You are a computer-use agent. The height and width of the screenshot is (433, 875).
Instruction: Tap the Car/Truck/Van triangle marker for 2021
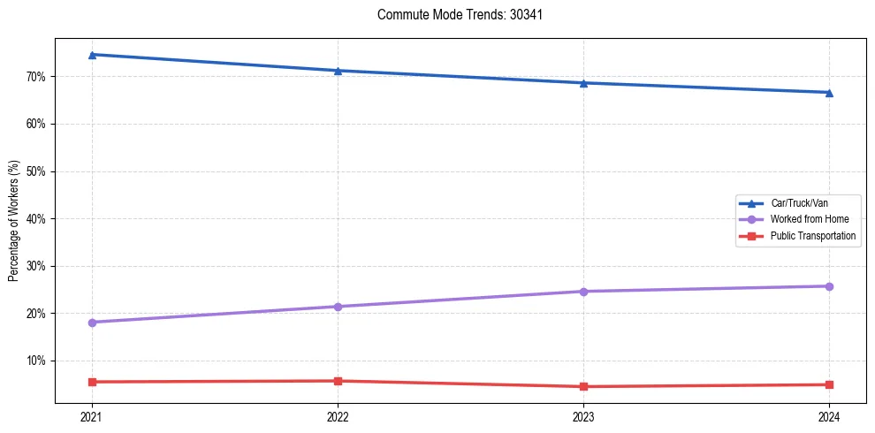[x=92, y=55]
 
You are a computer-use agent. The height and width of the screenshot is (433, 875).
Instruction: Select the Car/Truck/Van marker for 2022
[x=338, y=71]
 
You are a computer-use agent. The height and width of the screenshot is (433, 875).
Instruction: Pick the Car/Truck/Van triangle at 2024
[x=829, y=93]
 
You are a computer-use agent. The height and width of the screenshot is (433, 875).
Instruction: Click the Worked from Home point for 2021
[x=92, y=323]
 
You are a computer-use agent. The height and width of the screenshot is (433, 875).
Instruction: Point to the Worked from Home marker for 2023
[x=583, y=292]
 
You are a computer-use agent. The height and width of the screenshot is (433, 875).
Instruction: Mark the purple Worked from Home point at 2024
[x=829, y=286]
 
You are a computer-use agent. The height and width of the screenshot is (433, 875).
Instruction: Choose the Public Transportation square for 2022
[x=338, y=381]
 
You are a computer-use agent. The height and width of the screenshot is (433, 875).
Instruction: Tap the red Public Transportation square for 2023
[x=583, y=386]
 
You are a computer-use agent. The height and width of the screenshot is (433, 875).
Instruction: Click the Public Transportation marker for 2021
[x=92, y=382]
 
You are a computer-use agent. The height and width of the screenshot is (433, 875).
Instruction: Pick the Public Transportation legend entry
[x=812, y=236]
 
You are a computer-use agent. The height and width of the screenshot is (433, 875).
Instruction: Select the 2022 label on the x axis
[x=338, y=416]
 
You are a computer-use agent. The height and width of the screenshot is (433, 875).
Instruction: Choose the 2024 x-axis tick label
[x=829, y=416]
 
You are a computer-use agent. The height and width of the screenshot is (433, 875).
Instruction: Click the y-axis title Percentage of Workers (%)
[x=13, y=221]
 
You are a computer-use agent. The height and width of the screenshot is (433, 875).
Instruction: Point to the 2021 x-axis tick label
[x=92, y=416]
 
